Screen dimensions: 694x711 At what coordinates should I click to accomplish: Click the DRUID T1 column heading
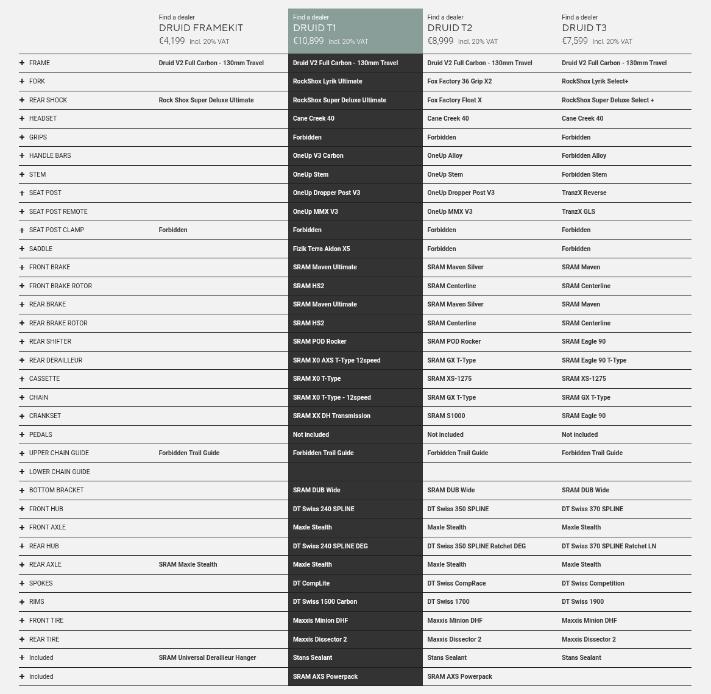click(x=314, y=28)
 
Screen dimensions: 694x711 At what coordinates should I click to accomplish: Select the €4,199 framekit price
click(x=172, y=41)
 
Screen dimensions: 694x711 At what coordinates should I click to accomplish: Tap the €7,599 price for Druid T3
click(x=575, y=41)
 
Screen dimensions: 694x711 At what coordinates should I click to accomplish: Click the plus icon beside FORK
click(x=22, y=81)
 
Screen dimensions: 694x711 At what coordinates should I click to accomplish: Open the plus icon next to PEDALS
click(x=22, y=434)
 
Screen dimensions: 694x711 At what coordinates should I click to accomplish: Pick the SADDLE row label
click(x=41, y=249)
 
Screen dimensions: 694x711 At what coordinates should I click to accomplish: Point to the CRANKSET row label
click(x=45, y=416)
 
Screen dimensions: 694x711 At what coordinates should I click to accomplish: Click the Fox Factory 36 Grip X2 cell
click(x=459, y=81)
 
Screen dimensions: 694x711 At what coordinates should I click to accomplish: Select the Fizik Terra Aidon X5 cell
click(x=321, y=249)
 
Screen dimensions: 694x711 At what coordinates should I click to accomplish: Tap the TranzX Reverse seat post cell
click(x=584, y=193)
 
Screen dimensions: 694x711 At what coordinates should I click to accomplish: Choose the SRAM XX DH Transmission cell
click(x=331, y=416)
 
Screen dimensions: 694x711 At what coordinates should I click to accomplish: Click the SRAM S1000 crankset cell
click(x=446, y=416)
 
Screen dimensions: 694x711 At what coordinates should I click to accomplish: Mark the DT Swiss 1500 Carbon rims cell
click(x=325, y=601)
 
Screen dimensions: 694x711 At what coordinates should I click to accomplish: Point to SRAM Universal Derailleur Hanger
click(x=207, y=657)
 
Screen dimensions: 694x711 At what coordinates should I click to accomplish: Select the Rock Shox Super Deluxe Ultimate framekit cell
click(x=206, y=100)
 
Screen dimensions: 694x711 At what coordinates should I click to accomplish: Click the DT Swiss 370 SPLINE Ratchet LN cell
click(x=609, y=546)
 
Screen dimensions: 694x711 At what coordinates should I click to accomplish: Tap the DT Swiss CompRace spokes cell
click(x=456, y=583)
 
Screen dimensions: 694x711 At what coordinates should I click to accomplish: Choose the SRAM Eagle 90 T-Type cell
click(x=594, y=360)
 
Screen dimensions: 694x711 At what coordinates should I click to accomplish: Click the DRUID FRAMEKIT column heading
click(x=201, y=28)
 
